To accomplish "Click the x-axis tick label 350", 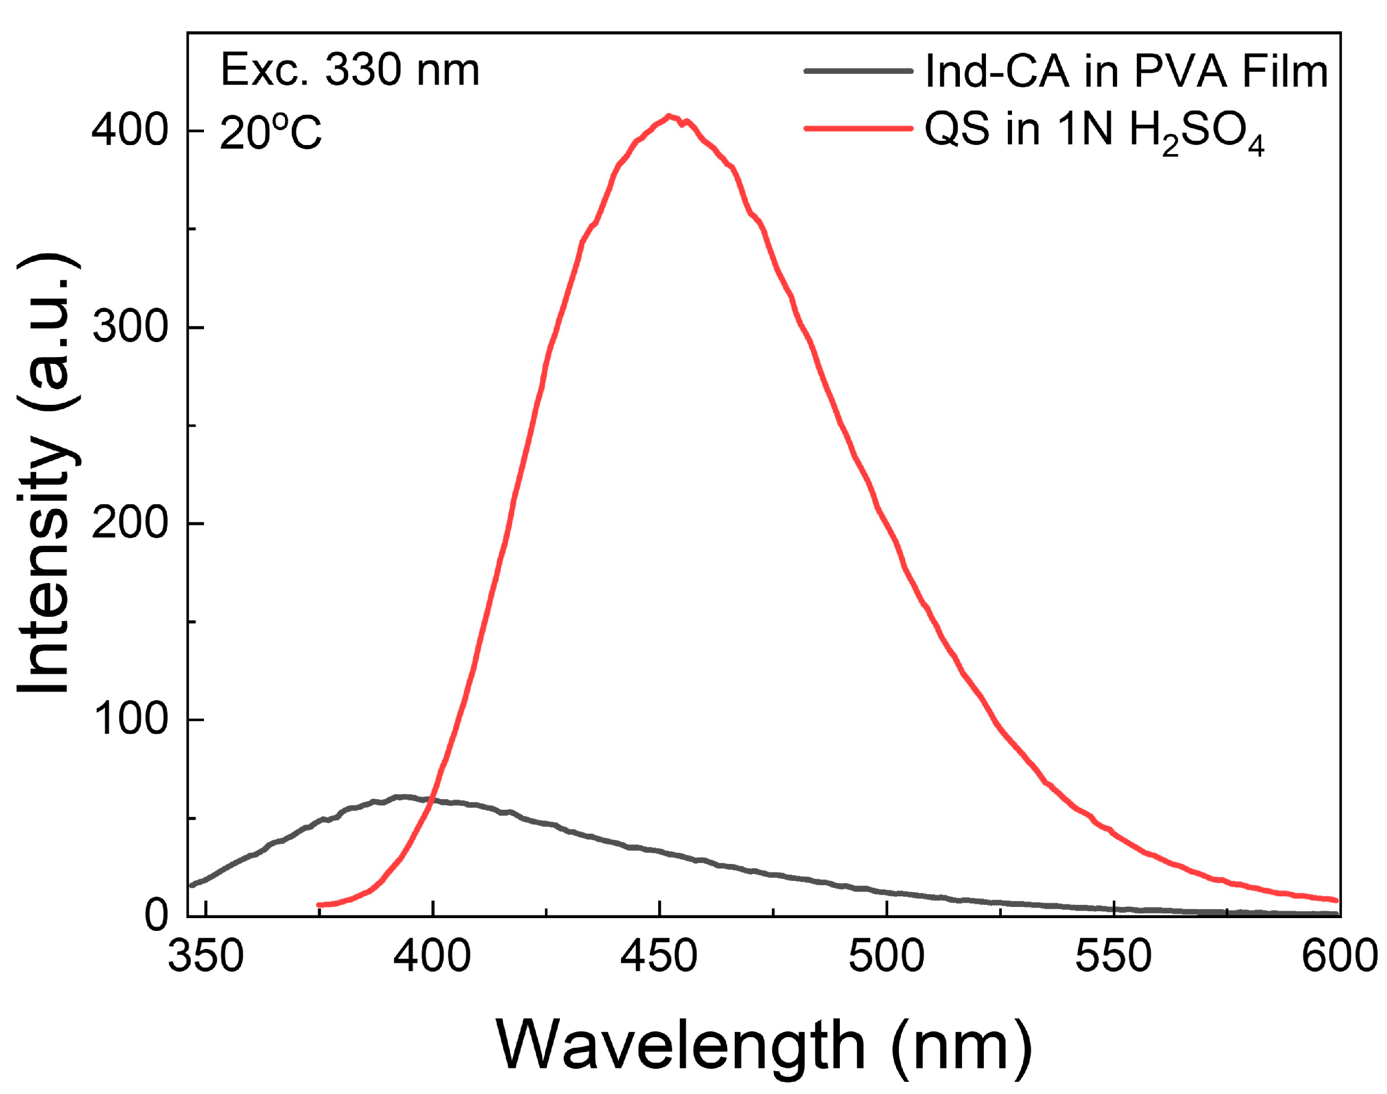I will pos(206,956).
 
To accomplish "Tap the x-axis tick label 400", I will pos(432,956).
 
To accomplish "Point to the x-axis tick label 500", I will pos(886,956).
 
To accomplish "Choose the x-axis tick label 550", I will pos(1113,956).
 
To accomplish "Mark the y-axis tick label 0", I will pos(156,915).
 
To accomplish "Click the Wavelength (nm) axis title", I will pos(763,1045).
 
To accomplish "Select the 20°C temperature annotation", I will pos(270,133).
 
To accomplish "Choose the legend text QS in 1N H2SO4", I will pos(1094,132).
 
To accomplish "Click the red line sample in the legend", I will pos(858,128).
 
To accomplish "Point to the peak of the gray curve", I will pos(402,797).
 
